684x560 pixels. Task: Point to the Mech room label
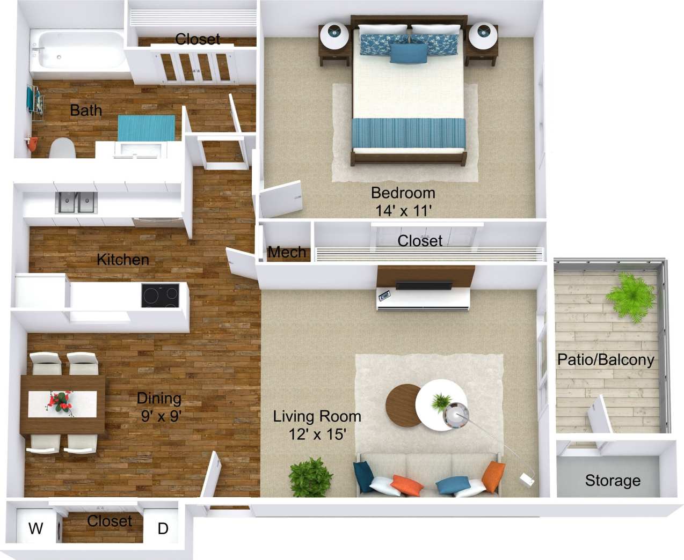pyautogui.click(x=287, y=252)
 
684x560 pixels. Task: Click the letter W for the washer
pyautogui.click(x=35, y=528)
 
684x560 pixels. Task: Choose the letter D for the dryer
pyautogui.click(x=163, y=529)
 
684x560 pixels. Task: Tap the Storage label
pyautogui.click(x=613, y=481)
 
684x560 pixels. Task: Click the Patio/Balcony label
pyautogui.click(x=606, y=359)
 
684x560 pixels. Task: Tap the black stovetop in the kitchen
pyautogui.click(x=160, y=296)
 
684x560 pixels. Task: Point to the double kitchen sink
pyautogui.click(x=76, y=203)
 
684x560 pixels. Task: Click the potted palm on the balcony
pyautogui.click(x=630, y=296)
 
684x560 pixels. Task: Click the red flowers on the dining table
pyautogui.click(x=60, y=402)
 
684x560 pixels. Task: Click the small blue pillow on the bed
pyautogui.click(x=409, y=53)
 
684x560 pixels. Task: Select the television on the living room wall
pyautogui.click(x=423, y=285)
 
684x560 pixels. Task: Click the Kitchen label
pyautogui.click(x=122, y=260)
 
